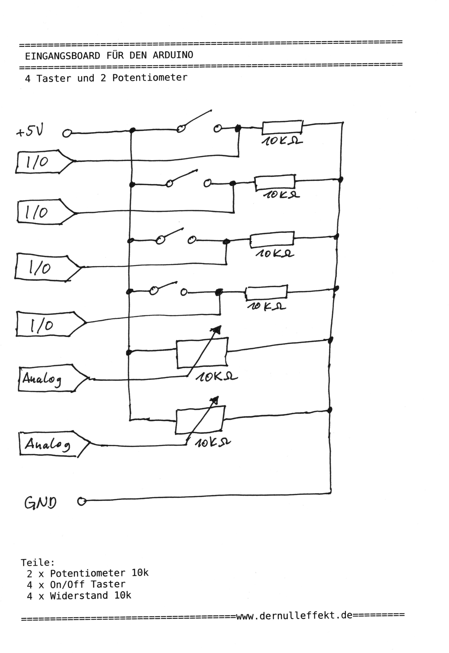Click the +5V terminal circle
click(67, 133)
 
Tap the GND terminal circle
click(82, 501)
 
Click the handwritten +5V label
click(30, 131)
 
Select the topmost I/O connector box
click(42, 162)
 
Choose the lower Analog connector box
click(51, 444)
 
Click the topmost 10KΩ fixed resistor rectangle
click(282, 128)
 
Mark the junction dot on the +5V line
click(132, 130)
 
